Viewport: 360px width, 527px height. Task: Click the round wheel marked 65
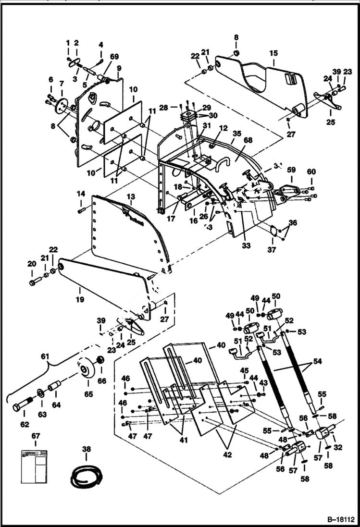(86, 370)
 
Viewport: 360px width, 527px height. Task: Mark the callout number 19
(80, 300)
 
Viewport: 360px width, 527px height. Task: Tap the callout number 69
(114, 57)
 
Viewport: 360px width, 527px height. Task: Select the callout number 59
(291, 169)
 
